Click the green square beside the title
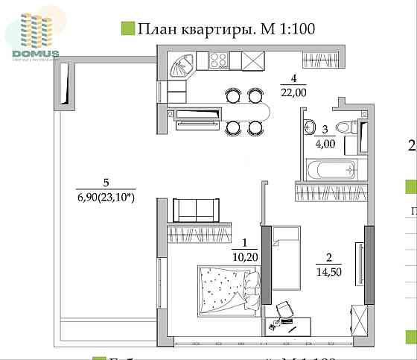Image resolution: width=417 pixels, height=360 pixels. pyautogui.click(x=127, y=29)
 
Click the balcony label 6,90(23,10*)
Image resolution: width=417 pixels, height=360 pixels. pyautogui.click(x=106, y=197)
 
